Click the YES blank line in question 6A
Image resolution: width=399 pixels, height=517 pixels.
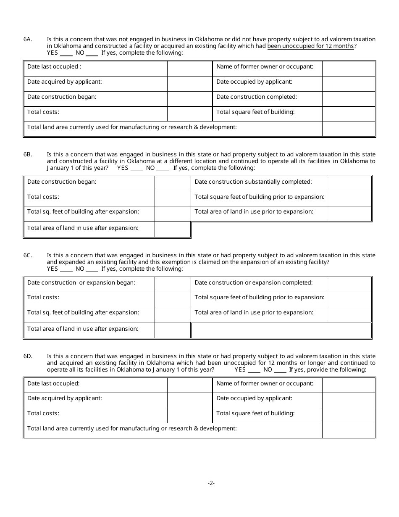coord(66,53)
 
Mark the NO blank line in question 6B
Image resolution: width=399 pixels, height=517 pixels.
coord(163,169)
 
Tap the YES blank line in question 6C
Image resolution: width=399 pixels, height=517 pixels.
coord(66,269)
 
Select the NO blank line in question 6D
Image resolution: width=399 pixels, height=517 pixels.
coord(280,370)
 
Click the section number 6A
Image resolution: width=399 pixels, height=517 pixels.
coord(28,39)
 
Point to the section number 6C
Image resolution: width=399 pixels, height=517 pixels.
coord(28,256)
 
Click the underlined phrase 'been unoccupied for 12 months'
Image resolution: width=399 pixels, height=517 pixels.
coord(311,46)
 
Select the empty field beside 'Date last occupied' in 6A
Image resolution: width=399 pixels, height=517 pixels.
coord(190,68)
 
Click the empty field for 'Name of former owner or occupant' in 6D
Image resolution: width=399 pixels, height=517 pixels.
coord(349,385)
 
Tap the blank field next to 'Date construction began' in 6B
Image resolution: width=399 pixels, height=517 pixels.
coord(173,183)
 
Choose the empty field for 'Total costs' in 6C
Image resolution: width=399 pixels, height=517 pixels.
coord(173,299)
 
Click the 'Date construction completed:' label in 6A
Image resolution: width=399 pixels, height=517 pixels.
coord(257,97)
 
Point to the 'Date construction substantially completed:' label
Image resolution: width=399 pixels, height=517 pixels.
coord(253,182)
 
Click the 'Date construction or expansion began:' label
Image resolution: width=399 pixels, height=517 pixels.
coord(81,283)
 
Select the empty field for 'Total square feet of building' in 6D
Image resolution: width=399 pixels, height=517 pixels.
coord(349,415)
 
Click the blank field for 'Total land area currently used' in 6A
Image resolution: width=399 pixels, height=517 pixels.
coord(349,129)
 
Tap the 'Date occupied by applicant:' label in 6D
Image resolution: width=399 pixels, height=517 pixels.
coord(254,398)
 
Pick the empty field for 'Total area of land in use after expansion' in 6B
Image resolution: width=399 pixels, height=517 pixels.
coord(173,229)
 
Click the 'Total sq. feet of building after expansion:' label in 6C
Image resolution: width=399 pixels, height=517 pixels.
coord(83,313)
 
